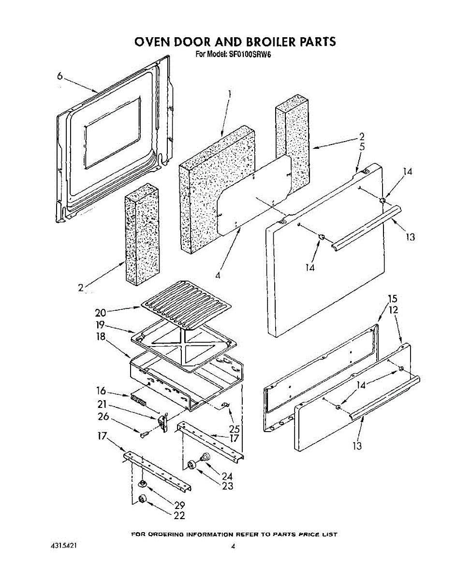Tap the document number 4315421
point(64,546)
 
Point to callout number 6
point(59,76)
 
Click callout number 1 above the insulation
point(230,94)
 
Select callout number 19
point(101,324)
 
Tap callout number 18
point(101,336)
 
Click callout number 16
point(101,391)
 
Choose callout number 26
point(103,417)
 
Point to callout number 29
point(179,506)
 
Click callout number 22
point(179,516)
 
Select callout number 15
point(393,299)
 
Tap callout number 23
point(228,486)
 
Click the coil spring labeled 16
point(138,401)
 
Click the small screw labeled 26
point(143,435)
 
